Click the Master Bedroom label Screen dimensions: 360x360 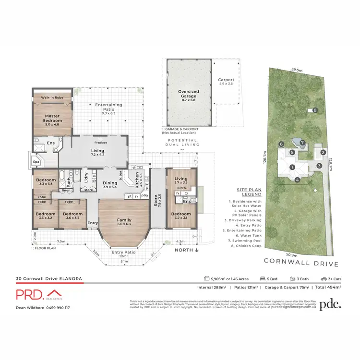(x=52, y=118)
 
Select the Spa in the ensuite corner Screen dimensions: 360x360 (x=36, y=162)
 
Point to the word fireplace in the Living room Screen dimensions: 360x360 (x=100, y=143)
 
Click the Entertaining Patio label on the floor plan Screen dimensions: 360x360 (x=108, y=107)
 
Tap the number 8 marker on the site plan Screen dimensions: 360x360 (x=315, y=110)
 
